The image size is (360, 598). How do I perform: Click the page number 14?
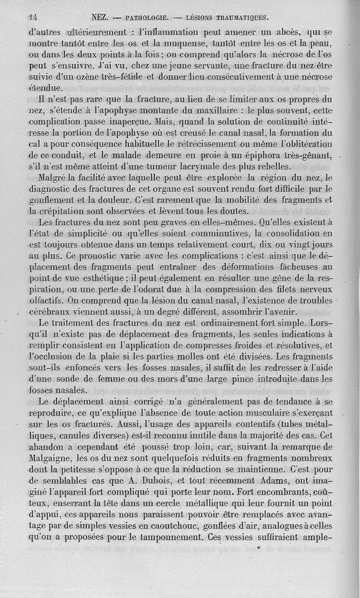tap(32, 18)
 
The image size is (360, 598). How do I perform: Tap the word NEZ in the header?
tap(99, 18)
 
